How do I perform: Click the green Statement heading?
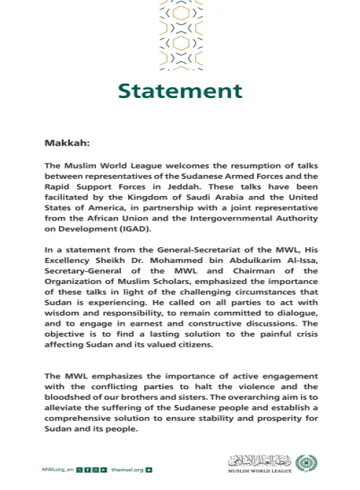179,92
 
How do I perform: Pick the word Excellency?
70,255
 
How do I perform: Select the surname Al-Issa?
297,255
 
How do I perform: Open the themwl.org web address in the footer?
127,469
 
